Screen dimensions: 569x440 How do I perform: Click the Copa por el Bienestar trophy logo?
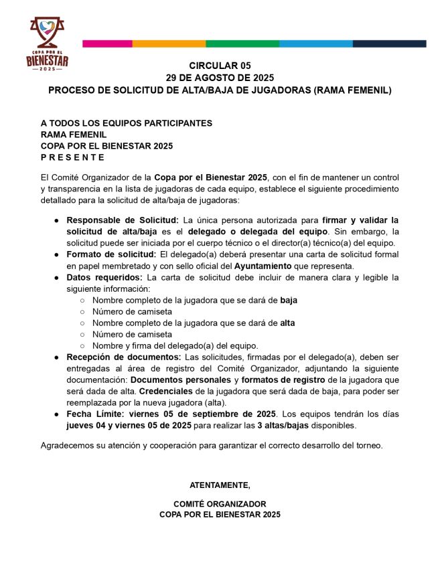pyautogui.click(x=47, y=44)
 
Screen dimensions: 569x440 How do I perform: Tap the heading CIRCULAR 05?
pyautogui.click(x=220, y=66)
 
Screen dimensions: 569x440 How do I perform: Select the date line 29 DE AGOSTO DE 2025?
pyautogui.click(x=220, y=78)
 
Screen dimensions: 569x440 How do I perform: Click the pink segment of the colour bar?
pyautogui.click(x=107, y=44)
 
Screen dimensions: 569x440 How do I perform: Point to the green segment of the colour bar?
pyautogui.click(x=242, y=44)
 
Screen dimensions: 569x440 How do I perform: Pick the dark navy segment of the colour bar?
pyautogui.click(x=389, y=44)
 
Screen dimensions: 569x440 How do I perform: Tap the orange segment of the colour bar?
pyautogui.click(x=169, y=44)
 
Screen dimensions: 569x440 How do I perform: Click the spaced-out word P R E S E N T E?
pyautogui.click(x=72, y=157)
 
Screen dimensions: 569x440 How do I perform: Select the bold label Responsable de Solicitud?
pyautogui.click(x=123, y=220)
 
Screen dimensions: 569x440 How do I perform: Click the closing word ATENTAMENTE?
pyautogui.click(x=220, y=484)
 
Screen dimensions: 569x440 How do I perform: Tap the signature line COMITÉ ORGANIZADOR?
pyautogui.click(x=220, y=503)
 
